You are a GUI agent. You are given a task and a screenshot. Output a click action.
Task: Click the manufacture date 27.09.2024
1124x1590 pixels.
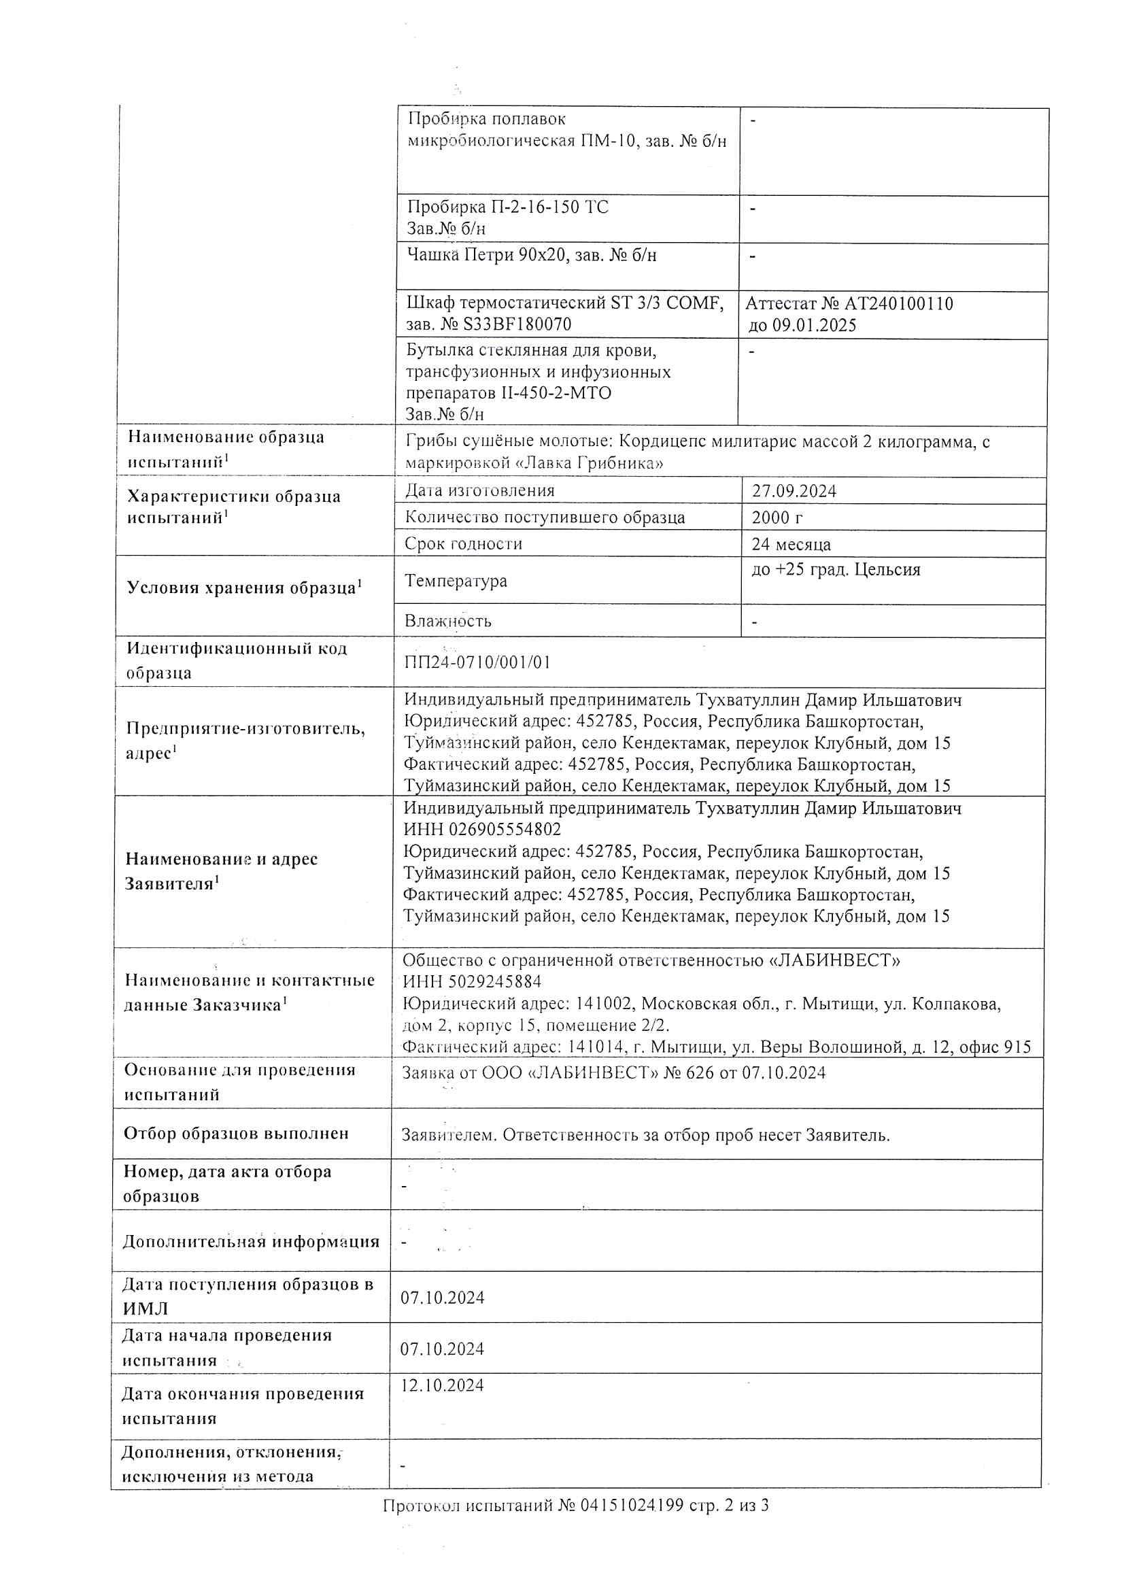794,491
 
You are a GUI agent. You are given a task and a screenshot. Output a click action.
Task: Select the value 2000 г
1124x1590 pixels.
777,518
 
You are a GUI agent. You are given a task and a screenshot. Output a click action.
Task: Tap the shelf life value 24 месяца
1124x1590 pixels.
791,544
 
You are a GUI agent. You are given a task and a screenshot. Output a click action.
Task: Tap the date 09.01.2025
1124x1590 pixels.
814,326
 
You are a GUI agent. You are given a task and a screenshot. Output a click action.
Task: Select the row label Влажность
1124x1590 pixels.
447,620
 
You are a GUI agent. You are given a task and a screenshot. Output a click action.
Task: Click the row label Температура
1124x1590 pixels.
456,580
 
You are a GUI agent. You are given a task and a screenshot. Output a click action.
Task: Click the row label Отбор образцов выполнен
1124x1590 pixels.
235,1133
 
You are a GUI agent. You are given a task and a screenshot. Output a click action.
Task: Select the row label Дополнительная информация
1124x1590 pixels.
251,1241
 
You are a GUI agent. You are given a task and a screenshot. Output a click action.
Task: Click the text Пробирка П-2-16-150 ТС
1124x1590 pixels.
508,207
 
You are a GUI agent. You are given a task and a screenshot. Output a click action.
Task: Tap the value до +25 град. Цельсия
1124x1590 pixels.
835,569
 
